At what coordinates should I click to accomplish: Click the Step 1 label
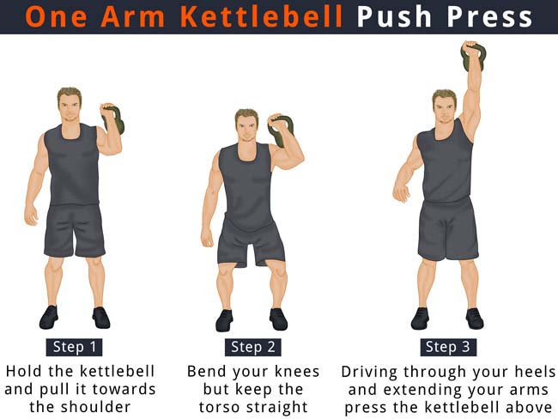[x=75, y=347]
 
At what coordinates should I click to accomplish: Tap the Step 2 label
[x=253, y=347]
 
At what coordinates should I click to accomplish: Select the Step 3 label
[x=447, y=347]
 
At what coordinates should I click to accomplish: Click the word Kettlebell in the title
[x=262, y=16]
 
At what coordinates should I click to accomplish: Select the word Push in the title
[x=394, y=16]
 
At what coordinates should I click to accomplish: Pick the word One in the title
[x=56, y=16]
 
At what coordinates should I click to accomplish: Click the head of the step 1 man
[x=70, y=104]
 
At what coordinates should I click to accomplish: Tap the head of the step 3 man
[x=444, y=106]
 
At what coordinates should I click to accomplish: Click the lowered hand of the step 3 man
[x=401, y=191]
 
